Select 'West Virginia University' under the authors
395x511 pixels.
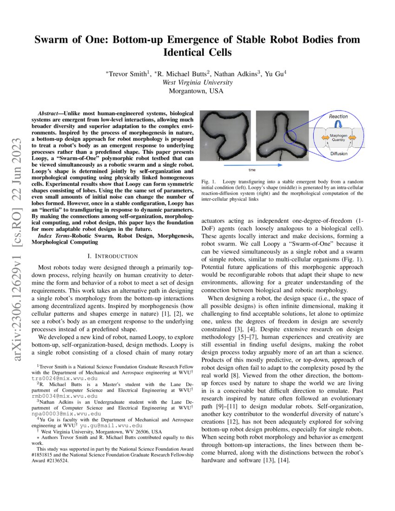(197, 82)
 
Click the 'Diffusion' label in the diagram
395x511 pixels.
(338, 153)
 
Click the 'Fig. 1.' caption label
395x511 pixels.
(208, 181)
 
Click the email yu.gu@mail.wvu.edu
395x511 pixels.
(111, 425)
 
